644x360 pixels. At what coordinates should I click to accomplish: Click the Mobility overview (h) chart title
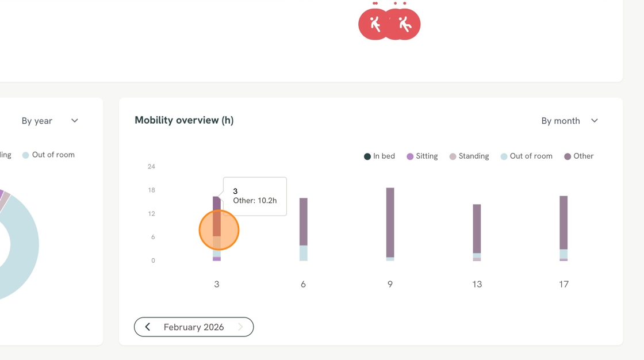[x=184, y=120]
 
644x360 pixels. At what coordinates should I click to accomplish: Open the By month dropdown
[x=569, y=121]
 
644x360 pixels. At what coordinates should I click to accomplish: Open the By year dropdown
[x=49, y=121]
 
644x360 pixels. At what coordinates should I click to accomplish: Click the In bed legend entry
[x=379, y=156]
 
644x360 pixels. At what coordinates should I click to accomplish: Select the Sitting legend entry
[x=422, y=156]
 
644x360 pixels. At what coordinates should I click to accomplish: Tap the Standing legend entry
[x=469, y=156]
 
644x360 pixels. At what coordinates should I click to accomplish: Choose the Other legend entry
[x=578, y=156]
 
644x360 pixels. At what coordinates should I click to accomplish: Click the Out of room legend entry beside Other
[x=526, y=156]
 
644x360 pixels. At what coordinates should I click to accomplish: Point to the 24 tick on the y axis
[x=151, y=166]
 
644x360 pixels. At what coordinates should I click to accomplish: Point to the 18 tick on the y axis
[x=151, y=190]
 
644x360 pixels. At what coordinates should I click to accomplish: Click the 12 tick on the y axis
[x=151, y=213]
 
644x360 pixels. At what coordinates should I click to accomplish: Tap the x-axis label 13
[x=477, y=284]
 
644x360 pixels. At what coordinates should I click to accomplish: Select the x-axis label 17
[x=563, y=284]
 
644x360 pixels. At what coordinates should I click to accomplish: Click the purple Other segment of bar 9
[x=390, y=223]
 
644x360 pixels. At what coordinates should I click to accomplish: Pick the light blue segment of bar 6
[x=304, y=252]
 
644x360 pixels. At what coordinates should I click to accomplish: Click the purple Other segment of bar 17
[x=563, y=223]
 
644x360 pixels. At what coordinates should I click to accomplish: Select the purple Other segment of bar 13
[x=477, y=228]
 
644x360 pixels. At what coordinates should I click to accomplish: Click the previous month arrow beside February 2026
[x=147, y=327]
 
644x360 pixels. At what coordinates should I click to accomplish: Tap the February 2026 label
[x=194, y=327]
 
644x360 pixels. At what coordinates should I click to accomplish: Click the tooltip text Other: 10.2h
[x=255, y=201]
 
